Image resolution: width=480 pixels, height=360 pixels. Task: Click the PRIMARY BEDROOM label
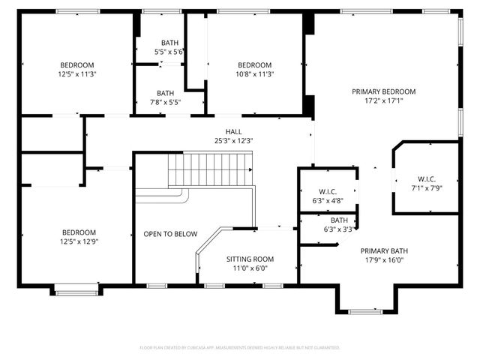(x=383, y=91)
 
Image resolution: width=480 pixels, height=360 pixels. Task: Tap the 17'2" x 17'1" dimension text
(x=383, y=100)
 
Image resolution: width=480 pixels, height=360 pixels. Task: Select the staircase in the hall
(x=211, y=169)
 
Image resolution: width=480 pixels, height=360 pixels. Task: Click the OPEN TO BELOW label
(x=170, y=234)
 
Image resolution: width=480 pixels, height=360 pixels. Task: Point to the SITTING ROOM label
(x=250, y=259)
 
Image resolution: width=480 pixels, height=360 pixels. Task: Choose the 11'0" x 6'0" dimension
(x=250, y=268)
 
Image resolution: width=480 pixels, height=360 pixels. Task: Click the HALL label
(x=223, y=131)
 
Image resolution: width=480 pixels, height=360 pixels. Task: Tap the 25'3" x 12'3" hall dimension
(x=223, y=140)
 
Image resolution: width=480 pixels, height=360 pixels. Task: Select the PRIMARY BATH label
(x=383, y=251)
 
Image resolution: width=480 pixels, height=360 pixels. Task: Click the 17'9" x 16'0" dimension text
(x=383, y=260)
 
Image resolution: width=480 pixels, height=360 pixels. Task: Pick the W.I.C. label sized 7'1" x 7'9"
(x=427, y=178)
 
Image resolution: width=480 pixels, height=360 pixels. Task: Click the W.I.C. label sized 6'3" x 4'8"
(x=328, y=191)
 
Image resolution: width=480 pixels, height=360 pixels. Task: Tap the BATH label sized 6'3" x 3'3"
(x=339, y=220)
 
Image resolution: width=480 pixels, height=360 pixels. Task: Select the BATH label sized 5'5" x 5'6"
(x=169, y=43)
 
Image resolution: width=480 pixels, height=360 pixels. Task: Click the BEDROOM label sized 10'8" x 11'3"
(x=254, y=65)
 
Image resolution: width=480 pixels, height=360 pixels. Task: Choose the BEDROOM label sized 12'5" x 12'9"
(x=79, y=232)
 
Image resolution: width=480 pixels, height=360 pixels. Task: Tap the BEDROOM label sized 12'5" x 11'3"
(x=76, y=65)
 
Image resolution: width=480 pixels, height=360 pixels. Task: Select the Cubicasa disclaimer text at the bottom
(x=240, y=348)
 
